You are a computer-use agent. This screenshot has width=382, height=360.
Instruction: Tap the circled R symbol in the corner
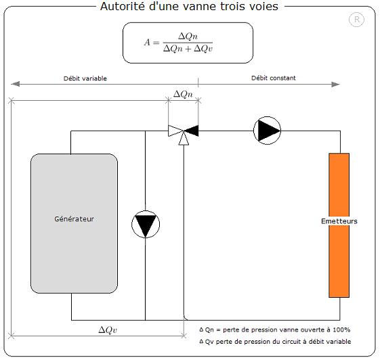coord(357,20)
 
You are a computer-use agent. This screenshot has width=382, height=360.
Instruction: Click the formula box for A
coord(188,43)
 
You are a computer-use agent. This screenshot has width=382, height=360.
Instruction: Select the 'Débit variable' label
coord(85,78)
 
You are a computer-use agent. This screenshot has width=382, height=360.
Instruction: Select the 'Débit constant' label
coord(273,78)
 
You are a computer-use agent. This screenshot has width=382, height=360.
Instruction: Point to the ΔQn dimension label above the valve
coord(183,94)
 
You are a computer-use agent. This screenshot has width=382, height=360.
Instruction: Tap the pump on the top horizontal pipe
coord(267,131)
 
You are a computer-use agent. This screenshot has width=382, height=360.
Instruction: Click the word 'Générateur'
coord(74,219)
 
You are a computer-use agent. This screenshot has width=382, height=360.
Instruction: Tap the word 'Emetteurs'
coord(339,221)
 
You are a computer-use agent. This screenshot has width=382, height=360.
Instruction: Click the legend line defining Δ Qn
coord(274,330)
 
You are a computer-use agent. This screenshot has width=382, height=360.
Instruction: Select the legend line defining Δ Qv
coord(276,342)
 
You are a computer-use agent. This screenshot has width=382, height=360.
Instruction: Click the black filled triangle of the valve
coord(192,131)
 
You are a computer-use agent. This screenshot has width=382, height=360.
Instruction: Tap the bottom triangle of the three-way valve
coord(184,139)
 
